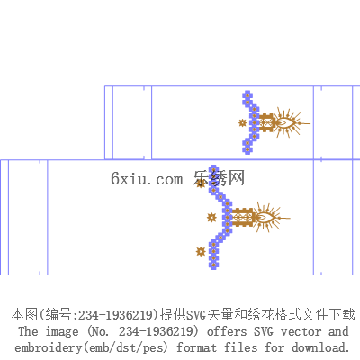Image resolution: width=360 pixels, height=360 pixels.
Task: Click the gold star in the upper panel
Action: tap(242, 123)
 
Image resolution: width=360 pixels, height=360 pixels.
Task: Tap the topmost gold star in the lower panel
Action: tap(201, 184)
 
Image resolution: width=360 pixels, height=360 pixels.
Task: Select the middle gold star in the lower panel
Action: tap(211, 218)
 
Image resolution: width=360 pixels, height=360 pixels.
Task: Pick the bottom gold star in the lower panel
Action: tap(201, 251)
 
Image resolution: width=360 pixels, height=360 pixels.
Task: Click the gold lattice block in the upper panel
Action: tap(266, 122)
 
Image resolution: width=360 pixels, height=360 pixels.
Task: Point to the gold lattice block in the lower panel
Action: tap(244, 217)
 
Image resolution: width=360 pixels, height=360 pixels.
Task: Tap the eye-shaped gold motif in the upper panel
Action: tap(285, 122)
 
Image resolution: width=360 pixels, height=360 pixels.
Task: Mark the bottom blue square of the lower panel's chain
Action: tap(213, 265)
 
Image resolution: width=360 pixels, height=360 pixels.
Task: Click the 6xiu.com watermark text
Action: tap(147, 179)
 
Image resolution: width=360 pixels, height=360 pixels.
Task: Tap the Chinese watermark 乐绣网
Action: tap(219, 178)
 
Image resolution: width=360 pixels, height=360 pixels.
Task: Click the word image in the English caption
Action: tap(62, 332)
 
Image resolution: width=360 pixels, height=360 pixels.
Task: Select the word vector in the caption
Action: tap(301, 332)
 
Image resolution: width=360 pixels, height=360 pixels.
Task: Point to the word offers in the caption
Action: tap(227, 331)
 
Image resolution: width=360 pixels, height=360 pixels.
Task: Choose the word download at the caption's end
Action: tap(320, 347)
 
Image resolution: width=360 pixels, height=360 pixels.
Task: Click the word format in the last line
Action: tap(196, 348)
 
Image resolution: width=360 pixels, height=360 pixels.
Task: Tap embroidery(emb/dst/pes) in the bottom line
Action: tap(91, 348)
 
